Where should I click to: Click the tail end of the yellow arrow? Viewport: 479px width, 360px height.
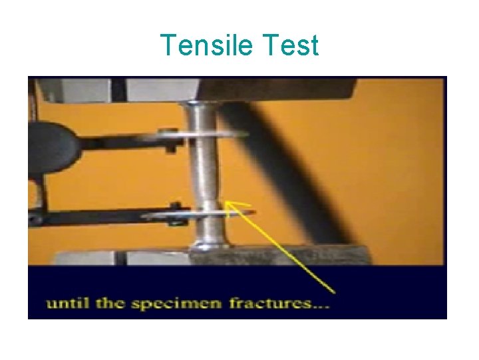333,291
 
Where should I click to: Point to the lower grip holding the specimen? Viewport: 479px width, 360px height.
279,256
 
